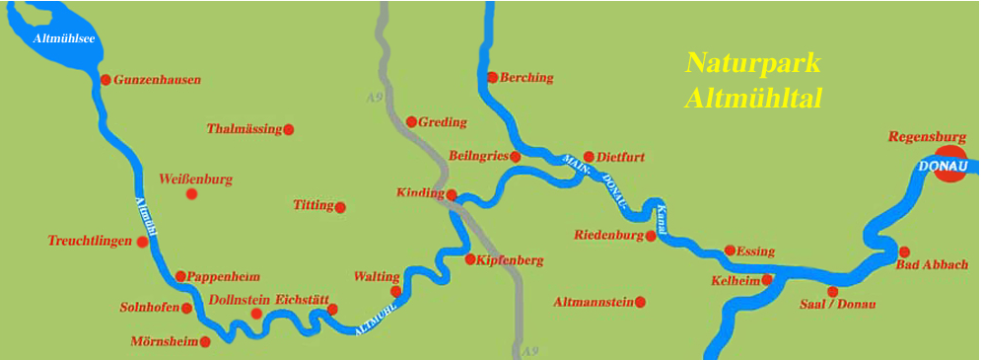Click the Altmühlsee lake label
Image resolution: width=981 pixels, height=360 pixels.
click(x=64, y=38)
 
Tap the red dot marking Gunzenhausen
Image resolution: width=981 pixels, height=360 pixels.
click(x=105, y=79)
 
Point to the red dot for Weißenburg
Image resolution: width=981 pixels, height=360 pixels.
click(x=191, y=194)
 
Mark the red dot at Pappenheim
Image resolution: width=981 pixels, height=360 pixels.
click(x=180, y=276)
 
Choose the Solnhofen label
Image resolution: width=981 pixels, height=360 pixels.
click(x=149, y=308)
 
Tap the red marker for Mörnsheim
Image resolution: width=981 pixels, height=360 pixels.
click(x=205, y=342)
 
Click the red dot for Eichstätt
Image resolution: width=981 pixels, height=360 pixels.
click(x=332, y=310)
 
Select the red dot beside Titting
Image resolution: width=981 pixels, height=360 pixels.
click(x=340, y=207)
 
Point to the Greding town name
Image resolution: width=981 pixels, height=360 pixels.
click(x=443, y=122)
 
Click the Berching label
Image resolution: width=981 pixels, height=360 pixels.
click(x=526, y=77)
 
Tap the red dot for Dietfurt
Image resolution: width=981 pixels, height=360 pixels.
click(x=589, y=156)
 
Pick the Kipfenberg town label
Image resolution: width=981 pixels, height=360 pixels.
click(x=510, y=260)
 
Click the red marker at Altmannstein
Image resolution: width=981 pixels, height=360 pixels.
click(x=640, y=302)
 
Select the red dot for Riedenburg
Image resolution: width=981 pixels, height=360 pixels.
click(x=651, y=236)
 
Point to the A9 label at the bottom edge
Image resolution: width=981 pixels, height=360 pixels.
click(x=530, y=351)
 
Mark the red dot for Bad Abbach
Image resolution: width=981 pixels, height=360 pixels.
click(x=904, y=252)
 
